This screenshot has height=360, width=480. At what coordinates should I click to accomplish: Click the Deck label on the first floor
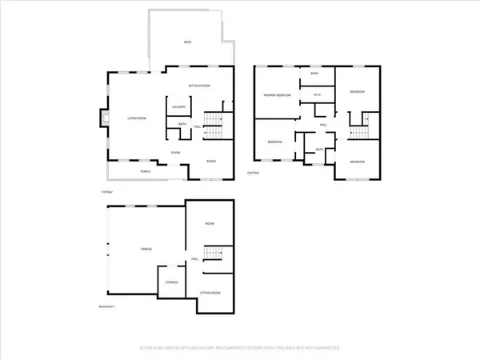tap(188, 41)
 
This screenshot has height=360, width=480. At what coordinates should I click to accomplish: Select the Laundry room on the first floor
tap(178, 107)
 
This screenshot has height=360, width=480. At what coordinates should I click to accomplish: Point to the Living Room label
tap(136, 118)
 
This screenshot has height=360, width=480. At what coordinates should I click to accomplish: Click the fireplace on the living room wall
tap(102, 118)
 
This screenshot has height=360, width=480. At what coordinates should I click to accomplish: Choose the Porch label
tap(146, 171)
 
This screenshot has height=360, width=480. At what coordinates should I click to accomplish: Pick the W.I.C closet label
tap(317, 96)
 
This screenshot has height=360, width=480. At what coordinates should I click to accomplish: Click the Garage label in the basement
tap(147, 249)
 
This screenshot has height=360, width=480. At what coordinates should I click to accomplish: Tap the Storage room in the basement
tap(171, 282)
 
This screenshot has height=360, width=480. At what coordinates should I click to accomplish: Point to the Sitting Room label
tap(210, 294)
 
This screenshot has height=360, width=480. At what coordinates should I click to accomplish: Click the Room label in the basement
tap(210, 223)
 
